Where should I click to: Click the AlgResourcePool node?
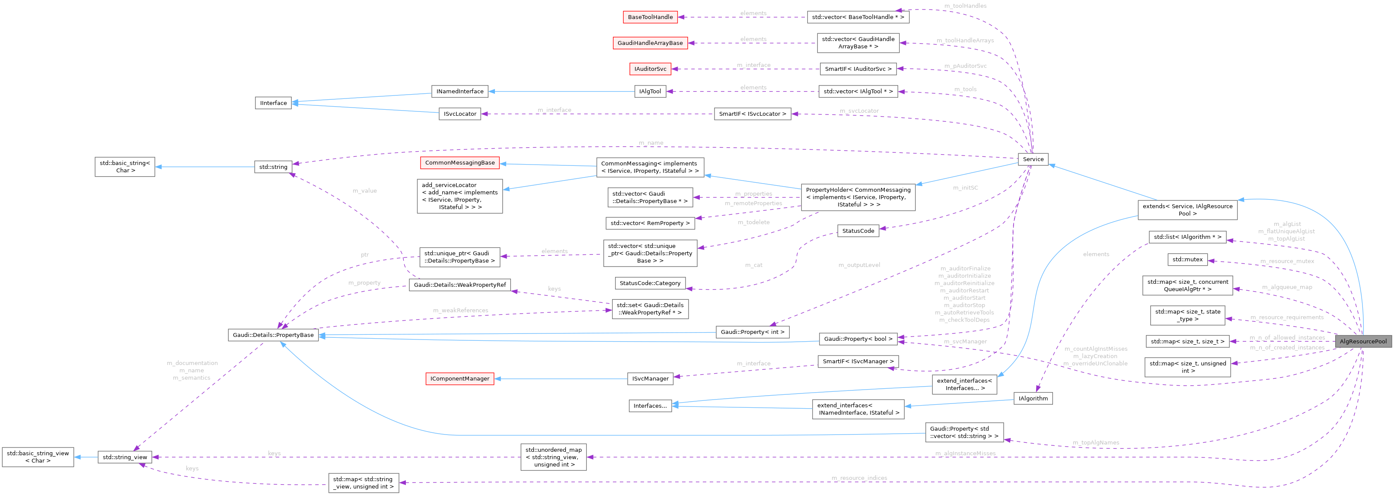(1362, 341)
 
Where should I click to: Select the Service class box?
(1033, 159)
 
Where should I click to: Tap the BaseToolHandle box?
(650, 17)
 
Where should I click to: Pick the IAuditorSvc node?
(650, 69)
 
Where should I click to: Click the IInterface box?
(273, 103)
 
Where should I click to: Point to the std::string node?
(273, 167)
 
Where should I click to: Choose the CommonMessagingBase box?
(459, 163)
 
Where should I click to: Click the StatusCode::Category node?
(650, 283)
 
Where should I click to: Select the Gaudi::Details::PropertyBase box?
(273, 335)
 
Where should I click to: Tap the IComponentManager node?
(459, 379)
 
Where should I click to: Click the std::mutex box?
(1187, 260)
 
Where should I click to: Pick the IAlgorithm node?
(1033, 399)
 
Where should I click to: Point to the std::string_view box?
(125, 457)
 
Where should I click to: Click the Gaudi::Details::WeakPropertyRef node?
(459, 285)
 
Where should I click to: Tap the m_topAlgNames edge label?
(1096, 443)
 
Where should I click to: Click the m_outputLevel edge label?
(859, 265)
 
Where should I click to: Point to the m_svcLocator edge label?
(859, 111)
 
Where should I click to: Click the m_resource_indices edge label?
(859, 478)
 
